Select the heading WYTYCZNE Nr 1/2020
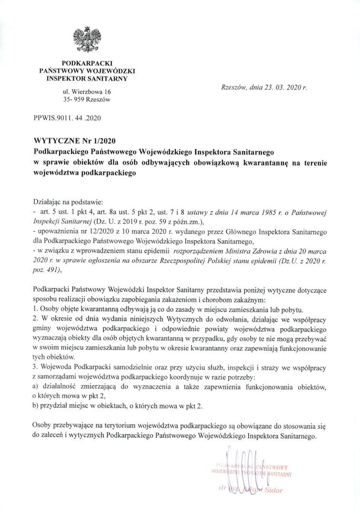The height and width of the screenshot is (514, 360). [71, 141]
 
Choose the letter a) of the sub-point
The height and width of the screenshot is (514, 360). [36, 388]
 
